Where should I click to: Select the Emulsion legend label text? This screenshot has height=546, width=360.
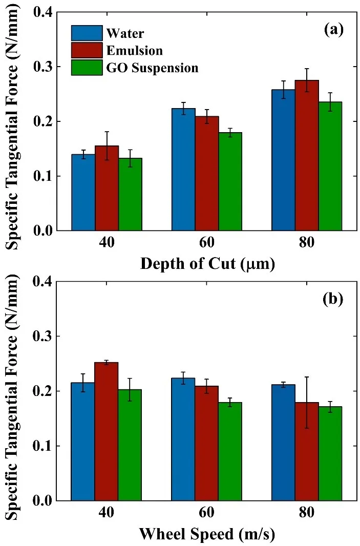(x=134, y=50)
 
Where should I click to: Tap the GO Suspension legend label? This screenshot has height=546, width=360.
(x=152, y=67)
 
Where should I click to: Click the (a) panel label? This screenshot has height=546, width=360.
(x=333, y=30)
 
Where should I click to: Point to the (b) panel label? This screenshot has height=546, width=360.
(x=333, y=299)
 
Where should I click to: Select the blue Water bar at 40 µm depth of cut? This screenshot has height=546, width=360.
(x=83, y=192)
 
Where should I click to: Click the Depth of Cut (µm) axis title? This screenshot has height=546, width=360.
(x=207, y=264)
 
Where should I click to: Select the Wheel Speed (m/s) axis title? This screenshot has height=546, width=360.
(x=207, y=535)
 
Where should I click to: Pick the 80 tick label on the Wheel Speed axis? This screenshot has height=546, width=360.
(x=307, y=513)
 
